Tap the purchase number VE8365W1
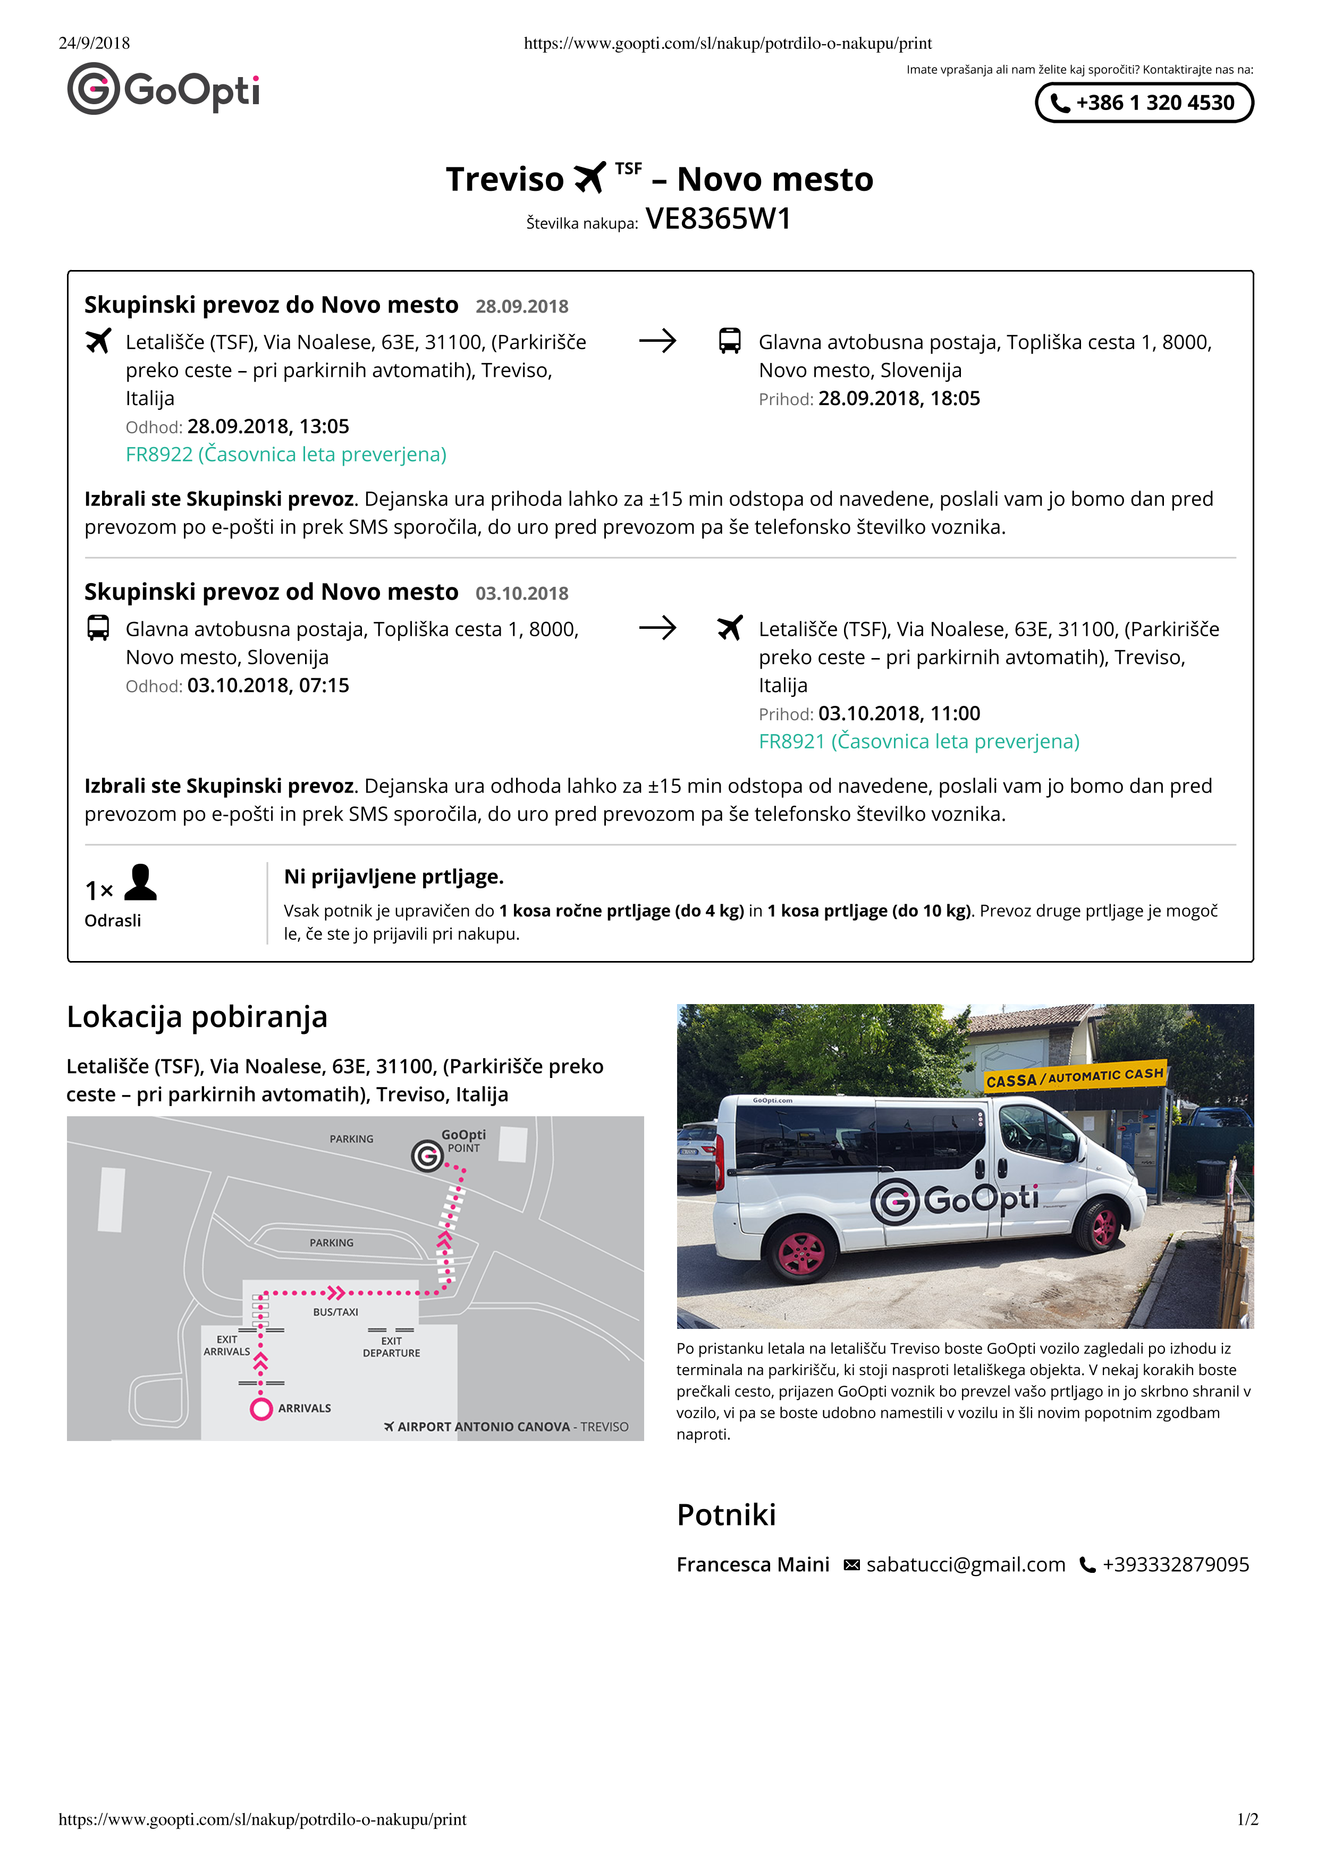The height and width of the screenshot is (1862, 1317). click(717, 219)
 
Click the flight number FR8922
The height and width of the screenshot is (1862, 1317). click(159, 454)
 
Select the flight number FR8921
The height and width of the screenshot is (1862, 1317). click(791, 741)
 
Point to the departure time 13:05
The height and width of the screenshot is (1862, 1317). click(324, 427)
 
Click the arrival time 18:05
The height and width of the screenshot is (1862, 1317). click(955, 398)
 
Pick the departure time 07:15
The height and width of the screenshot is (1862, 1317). click(324, 685)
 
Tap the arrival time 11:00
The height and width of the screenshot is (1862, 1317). click(955, 714)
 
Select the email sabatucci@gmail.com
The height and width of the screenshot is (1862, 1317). click(965, 1564)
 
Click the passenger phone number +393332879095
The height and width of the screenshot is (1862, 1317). click(1175, 1564)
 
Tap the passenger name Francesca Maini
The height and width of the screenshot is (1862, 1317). click(753, 1564)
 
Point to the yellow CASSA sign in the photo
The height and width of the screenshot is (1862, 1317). click(1075, 1077)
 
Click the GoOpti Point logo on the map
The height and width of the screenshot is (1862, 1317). click(427, 1156)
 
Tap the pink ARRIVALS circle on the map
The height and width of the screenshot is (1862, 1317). click(260, 1409)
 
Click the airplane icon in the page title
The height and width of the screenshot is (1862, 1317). click(589, 178)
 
